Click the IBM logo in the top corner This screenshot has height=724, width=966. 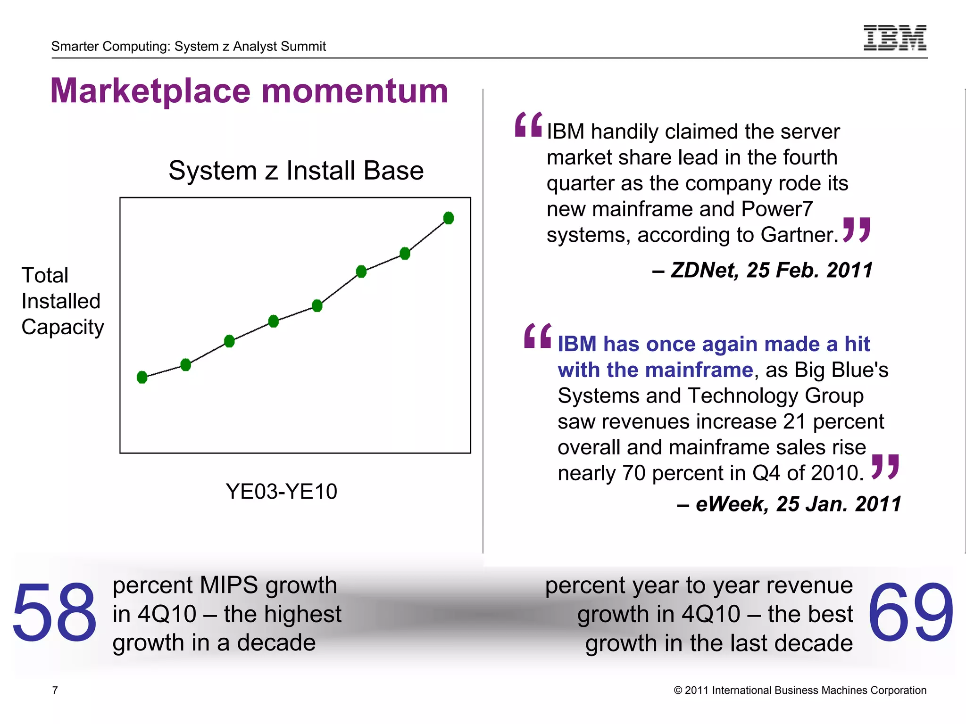click(895, 38)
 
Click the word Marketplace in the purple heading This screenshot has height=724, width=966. click(150, 91)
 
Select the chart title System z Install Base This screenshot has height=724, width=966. click(296, 170)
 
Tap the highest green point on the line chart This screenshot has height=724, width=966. click(449, 218)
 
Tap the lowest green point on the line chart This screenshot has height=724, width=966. click(142, 377)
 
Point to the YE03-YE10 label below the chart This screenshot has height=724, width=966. click(282, 492)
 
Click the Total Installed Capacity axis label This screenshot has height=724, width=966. click(62, 301)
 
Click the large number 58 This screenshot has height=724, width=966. click(54, 612)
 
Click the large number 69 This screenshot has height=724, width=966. click(910, 612)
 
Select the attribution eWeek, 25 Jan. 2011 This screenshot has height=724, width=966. click(789, 504)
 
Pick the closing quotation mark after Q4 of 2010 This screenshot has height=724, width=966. click(885, 467)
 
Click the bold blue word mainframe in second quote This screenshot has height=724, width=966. click(706, 370)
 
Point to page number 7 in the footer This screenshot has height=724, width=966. click(55, 690)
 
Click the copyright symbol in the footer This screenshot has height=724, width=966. click(678, 691)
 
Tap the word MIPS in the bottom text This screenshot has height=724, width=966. click(229, 585)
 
